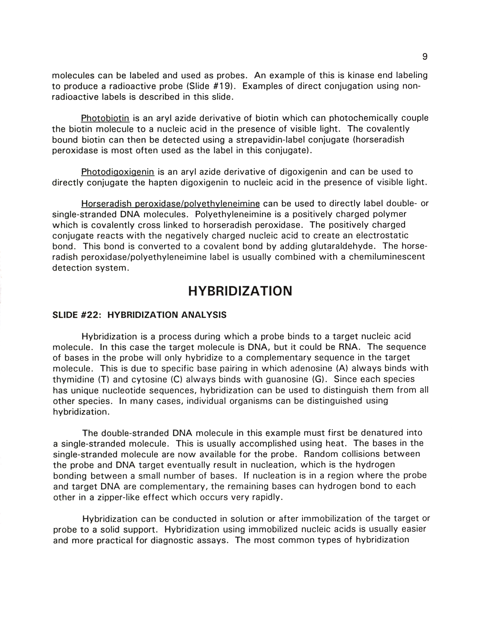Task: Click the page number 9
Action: (425, 57)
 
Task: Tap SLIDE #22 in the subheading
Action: (77, 315)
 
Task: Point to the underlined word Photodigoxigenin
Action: (118, 172)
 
